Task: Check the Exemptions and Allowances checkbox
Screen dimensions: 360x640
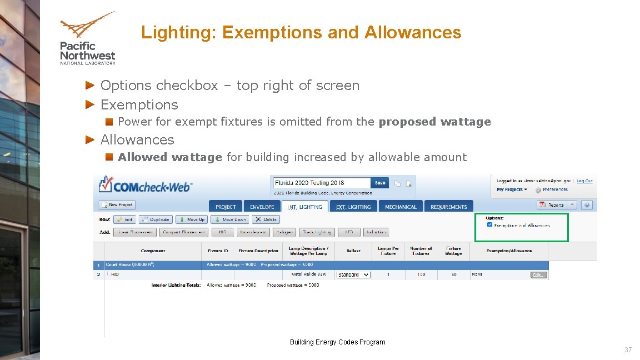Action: (489, 225)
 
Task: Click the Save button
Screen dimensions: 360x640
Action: (380, 183)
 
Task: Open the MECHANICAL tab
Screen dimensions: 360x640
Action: (401, 207)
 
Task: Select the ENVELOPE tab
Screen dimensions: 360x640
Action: (262, 207)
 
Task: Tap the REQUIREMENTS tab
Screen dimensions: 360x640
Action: (449, 207)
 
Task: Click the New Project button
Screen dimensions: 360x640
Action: (117, 205)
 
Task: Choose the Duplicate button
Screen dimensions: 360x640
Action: (156, 219)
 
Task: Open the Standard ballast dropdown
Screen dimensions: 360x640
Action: (353, 274)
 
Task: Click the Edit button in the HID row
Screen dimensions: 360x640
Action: (539, 274)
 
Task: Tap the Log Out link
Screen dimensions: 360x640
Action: (584, 181)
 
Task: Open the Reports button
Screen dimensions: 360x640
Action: (557, 205)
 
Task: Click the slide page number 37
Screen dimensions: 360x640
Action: (628, 350)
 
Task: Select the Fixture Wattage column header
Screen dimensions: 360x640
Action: (453, 251)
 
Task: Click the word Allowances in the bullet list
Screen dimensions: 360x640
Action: (137, 139)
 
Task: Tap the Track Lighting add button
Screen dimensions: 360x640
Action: (317, 232)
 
